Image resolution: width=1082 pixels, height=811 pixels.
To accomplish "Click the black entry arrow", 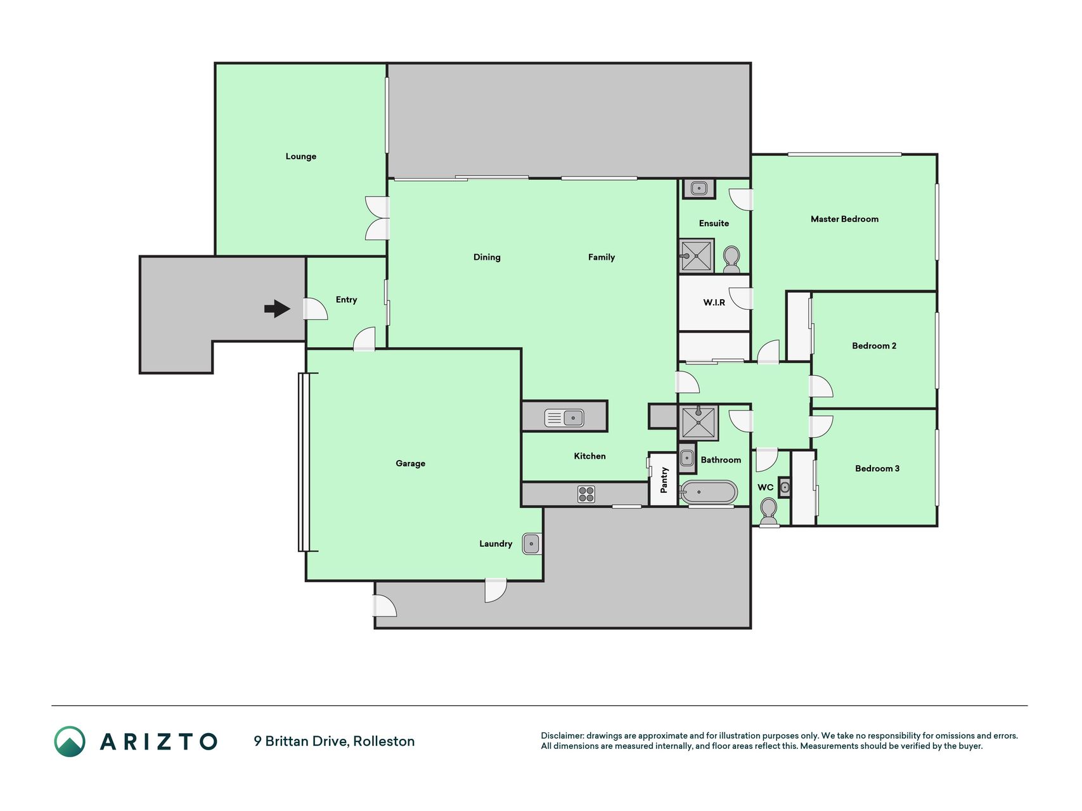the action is (277, 309).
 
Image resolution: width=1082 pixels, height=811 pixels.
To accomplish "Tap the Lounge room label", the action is (300, 156).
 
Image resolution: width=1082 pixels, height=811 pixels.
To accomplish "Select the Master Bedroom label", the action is (844, 219).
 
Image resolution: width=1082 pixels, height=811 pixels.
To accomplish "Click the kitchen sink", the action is (564, 418).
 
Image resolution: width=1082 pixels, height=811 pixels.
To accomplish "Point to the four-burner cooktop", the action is (586, 494).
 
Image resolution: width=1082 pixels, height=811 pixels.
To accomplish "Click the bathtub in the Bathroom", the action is (709, 492).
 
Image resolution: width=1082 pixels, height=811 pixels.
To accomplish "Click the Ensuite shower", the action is (697, 255).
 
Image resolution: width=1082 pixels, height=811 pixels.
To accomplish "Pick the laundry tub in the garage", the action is (531, 544).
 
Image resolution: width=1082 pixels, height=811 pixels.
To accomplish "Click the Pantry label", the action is (664, 480).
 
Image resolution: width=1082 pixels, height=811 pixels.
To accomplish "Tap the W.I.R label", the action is (714, 303).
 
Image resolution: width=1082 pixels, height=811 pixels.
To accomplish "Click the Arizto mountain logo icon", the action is (69, 741).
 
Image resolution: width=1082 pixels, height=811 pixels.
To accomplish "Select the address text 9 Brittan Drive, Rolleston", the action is (334, 741).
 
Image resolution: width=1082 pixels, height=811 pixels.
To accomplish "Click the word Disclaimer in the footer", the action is (562, 736).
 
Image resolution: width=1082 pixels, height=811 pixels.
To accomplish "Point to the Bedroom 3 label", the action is (877, 469).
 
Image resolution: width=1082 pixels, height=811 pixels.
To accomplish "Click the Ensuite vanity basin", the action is (699, 188).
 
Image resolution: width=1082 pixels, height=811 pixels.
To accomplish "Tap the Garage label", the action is (410, 464).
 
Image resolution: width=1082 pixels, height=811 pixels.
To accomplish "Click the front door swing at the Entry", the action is (315, 309).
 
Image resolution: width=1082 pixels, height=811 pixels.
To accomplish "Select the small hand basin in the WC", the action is (785, 487).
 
